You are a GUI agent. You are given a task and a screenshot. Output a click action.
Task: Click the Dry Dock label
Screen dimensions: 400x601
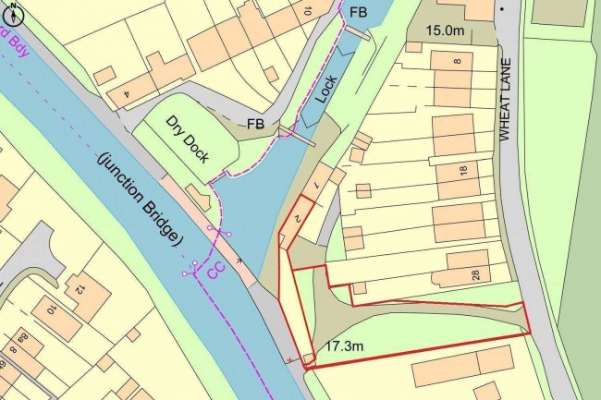tap(188, 139)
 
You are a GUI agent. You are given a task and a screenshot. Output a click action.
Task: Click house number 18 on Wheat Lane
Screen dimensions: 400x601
tap(463, 170)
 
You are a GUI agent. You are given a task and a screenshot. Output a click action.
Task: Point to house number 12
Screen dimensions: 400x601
tap(80, 289)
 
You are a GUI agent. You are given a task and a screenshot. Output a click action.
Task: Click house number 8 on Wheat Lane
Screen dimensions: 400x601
tap(457, 61)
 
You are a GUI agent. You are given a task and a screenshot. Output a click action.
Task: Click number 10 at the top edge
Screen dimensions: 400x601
tap(306, 9)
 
